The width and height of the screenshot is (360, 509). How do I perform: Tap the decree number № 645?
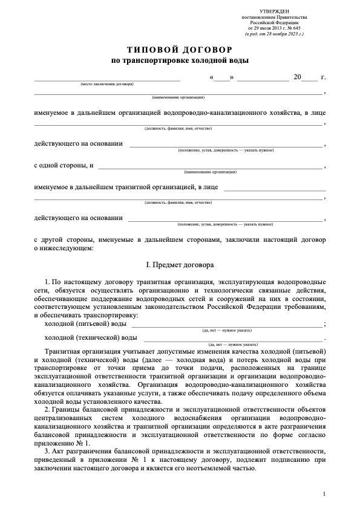pos(292,28)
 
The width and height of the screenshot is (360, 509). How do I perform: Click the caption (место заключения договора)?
pos(107,84)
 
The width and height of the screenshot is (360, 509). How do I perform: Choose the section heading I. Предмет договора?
pos(180,265)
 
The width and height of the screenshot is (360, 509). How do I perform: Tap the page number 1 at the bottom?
pos(324,494)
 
